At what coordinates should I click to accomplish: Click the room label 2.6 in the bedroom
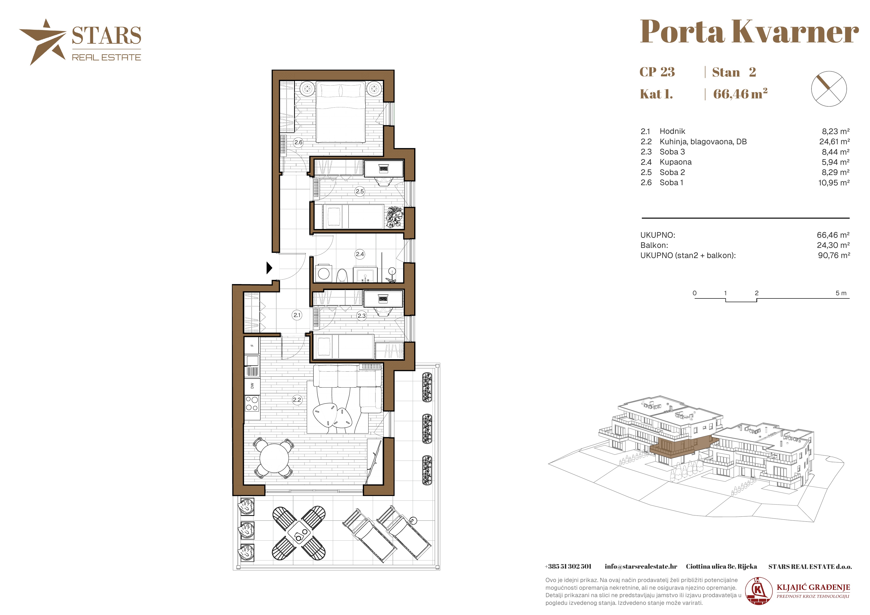[298, 142]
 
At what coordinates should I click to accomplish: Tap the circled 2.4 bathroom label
[360, 254]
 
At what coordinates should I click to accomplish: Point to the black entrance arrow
[269, 268]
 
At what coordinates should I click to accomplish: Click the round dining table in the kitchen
[274, 457]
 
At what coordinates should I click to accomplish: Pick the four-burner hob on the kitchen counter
[252, 403]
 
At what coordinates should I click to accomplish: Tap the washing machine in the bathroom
[324, 273]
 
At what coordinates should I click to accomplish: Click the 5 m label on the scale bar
[841, 293]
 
